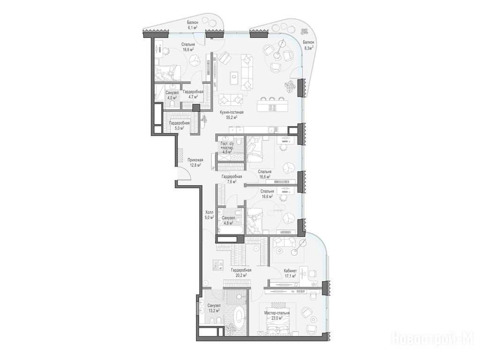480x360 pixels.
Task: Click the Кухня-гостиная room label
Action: coord(232,112)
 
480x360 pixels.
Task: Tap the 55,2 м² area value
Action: coord(232,117)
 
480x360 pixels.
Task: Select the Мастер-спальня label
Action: coord(277,313)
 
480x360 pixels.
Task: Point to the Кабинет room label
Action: coord(290,271)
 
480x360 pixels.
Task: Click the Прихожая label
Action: coord(195,160)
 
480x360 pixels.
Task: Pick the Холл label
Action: coord(210,212)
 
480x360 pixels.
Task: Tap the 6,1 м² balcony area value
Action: coord(193,27)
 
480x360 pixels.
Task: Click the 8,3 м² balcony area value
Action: coord(308,48)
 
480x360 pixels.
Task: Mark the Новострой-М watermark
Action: coord(433,339)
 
